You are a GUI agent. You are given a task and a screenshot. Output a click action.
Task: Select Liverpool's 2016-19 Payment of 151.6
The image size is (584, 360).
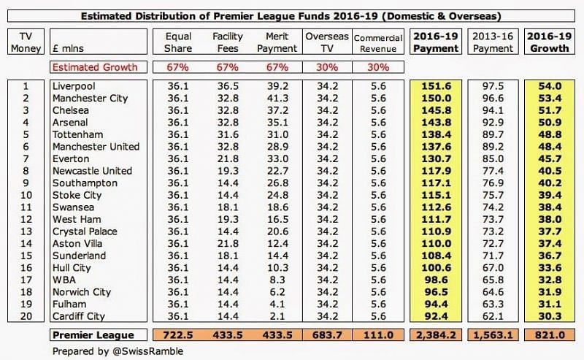436,86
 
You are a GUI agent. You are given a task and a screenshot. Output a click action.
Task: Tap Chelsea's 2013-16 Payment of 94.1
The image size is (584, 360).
494,110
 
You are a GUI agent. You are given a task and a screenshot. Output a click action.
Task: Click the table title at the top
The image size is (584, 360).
292,15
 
